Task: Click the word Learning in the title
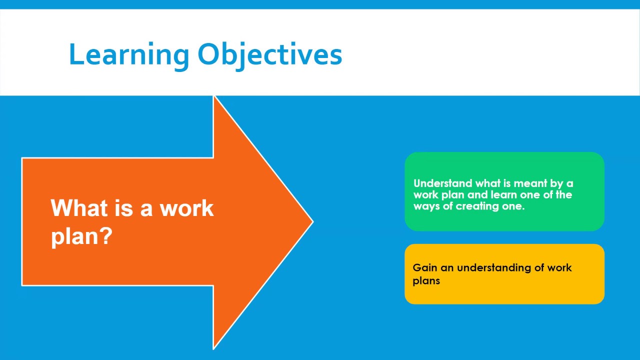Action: click(128, 55)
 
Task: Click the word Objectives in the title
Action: click(269, 55)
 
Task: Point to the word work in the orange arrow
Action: click(186, 208)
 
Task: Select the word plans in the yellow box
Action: click(426, 280)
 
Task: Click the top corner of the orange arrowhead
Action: click(214, 97)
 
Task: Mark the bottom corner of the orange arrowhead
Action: click(214, 347)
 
